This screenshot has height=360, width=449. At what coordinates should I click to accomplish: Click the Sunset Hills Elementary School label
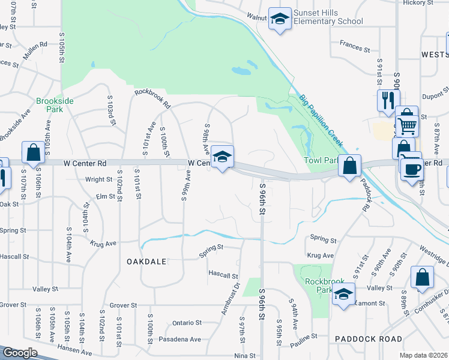point(328,17)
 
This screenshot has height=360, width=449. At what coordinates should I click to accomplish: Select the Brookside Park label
point(55,105)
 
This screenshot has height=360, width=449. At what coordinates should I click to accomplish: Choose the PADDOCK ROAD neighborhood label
point(369,339)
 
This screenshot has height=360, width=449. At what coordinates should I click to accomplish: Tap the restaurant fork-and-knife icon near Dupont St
point(388,100)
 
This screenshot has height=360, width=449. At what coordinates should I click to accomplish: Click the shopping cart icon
point(406,125)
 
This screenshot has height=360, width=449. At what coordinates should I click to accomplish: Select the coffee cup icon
point(411,169)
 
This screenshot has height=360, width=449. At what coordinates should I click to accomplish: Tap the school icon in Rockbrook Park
point(343,295)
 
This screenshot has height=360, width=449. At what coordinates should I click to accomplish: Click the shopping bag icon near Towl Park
point(349,164)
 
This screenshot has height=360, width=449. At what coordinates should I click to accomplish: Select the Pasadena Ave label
point(180,339)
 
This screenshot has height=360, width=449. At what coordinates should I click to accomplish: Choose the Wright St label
point(98,179)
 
